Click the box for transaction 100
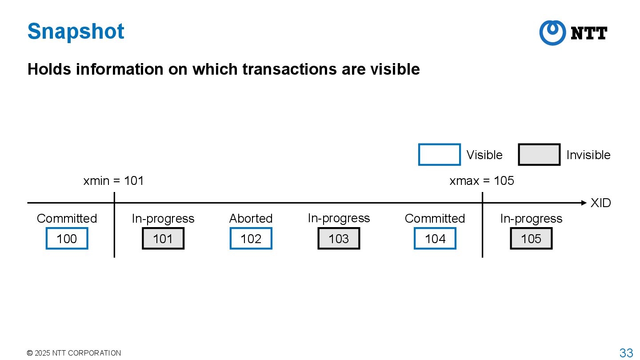pyautogui.click(x=67, y=239)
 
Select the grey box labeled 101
pyautogui.click(x=163, y=239)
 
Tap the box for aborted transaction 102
pyautogui.click(x=251, y=239)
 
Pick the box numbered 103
pyautogui.click(x=339, y=239)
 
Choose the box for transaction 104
pyautogui.click(x=435, y=239)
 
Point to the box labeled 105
pyautogui.click(x=531, y=239)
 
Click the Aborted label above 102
pyautogui.click(x=251, y=218)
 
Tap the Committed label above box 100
pyautogui.click(x=67, y=218)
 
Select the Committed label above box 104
pyautogui.click(x=435, y=218)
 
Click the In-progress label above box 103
pyautogui.click(x=339, y=218)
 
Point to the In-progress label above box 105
pyautogui.click(x=531, y=218)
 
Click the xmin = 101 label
pyautogui.click(x=113, y=181)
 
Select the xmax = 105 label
pyautogui.click(x=481, y=181)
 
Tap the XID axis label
pyautogui.click(x=600, y=203)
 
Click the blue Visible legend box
pyautogui.click(x=439, y=155)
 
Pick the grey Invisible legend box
pyautogui.click(x=539, y=155)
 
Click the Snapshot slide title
pyautogui.click(x=76, y=32)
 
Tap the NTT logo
pyautogui.click(x=573, y=33)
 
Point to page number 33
pyautogui.click(x=626, y=353)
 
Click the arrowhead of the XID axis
pyautogui.click(x=584, y=203)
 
